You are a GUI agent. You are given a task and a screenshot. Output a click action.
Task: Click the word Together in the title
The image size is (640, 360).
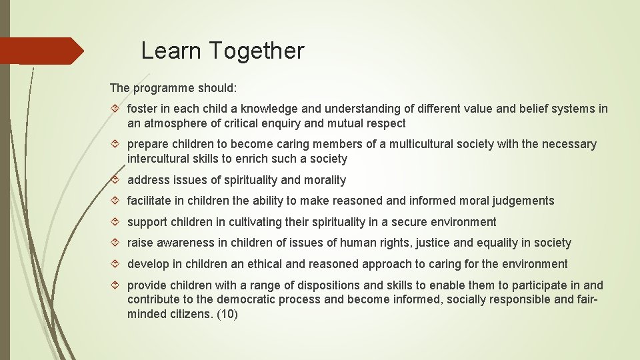point(257,51)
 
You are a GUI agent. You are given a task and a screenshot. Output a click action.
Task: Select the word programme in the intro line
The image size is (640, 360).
point(163,88)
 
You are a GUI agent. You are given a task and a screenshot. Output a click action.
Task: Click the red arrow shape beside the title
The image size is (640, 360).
point(41,51)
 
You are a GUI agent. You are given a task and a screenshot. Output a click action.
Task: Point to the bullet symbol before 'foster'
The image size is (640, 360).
point(116,109)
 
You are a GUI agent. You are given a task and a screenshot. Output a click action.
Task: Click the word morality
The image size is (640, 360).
point(325,180)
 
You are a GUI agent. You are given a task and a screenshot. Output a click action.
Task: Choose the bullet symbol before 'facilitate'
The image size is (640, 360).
point(116,201)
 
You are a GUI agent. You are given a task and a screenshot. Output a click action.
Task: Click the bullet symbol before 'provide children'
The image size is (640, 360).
point(116,285)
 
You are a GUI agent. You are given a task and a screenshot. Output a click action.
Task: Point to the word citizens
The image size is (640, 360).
point(192,314)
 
